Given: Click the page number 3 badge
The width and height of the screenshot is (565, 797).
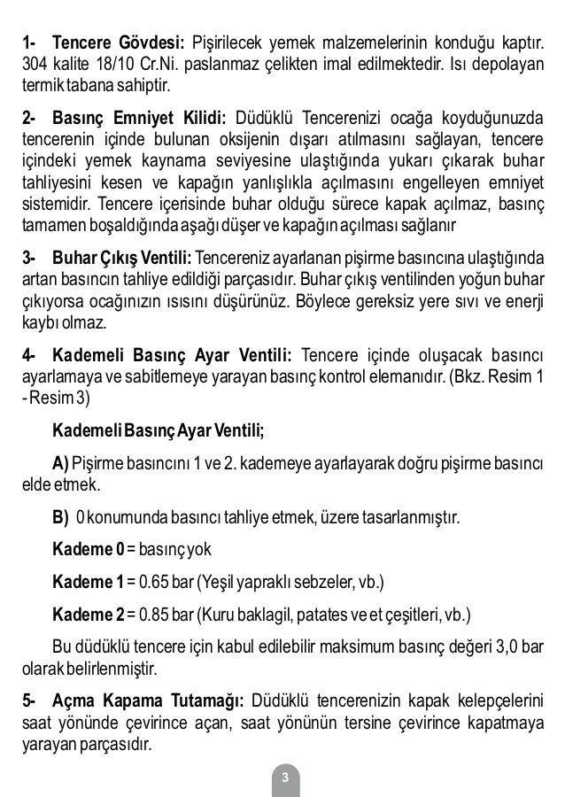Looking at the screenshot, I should pos(284,778).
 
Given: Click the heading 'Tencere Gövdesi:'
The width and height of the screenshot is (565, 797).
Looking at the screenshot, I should pos(117,43).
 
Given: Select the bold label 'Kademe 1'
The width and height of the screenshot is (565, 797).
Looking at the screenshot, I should pos(88,582).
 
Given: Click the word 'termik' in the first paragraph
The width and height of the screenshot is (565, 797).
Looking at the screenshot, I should pos(43,89).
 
